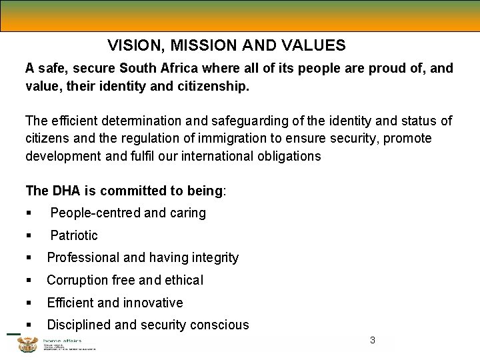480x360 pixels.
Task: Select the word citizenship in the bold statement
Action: [213, 86]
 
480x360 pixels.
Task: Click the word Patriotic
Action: [74, 235]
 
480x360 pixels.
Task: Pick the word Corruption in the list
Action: [77, 280]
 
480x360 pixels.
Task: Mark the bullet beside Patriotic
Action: [29, 235]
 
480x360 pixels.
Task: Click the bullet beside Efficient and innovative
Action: [29, 303]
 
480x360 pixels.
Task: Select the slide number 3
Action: [372, 341]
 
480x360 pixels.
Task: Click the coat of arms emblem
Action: [28, 344]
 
